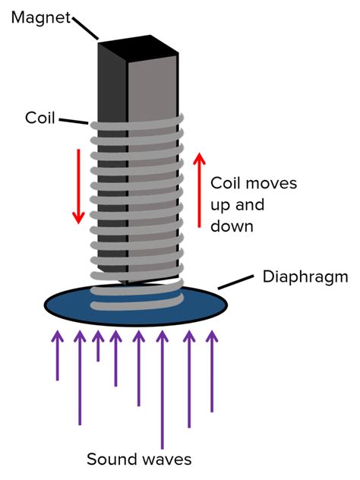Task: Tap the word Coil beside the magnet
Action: [x=39, y=118]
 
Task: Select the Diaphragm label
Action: [x=307, y=276]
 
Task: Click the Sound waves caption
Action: [x=138, y=459]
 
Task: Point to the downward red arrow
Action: [x=77, y=186]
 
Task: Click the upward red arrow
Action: [x=199, y=190]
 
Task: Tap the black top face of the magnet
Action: [x=137, y=50]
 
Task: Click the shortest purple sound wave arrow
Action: [x=98, y=346]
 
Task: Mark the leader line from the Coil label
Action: [x=73, y=122]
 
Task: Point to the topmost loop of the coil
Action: [x=137, y=122]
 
